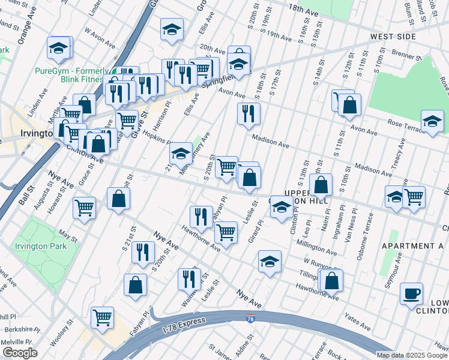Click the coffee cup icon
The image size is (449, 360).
[x=411, y=293]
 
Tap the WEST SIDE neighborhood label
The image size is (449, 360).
[x=393, y=37]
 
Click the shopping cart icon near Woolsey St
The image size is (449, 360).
[x=103, y=317]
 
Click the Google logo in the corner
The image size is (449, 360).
[x=19, y=353]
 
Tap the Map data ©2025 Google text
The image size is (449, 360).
[x=412, y=355]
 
